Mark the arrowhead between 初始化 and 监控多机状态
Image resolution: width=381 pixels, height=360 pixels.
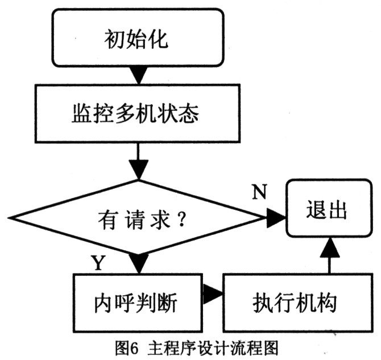137,75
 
